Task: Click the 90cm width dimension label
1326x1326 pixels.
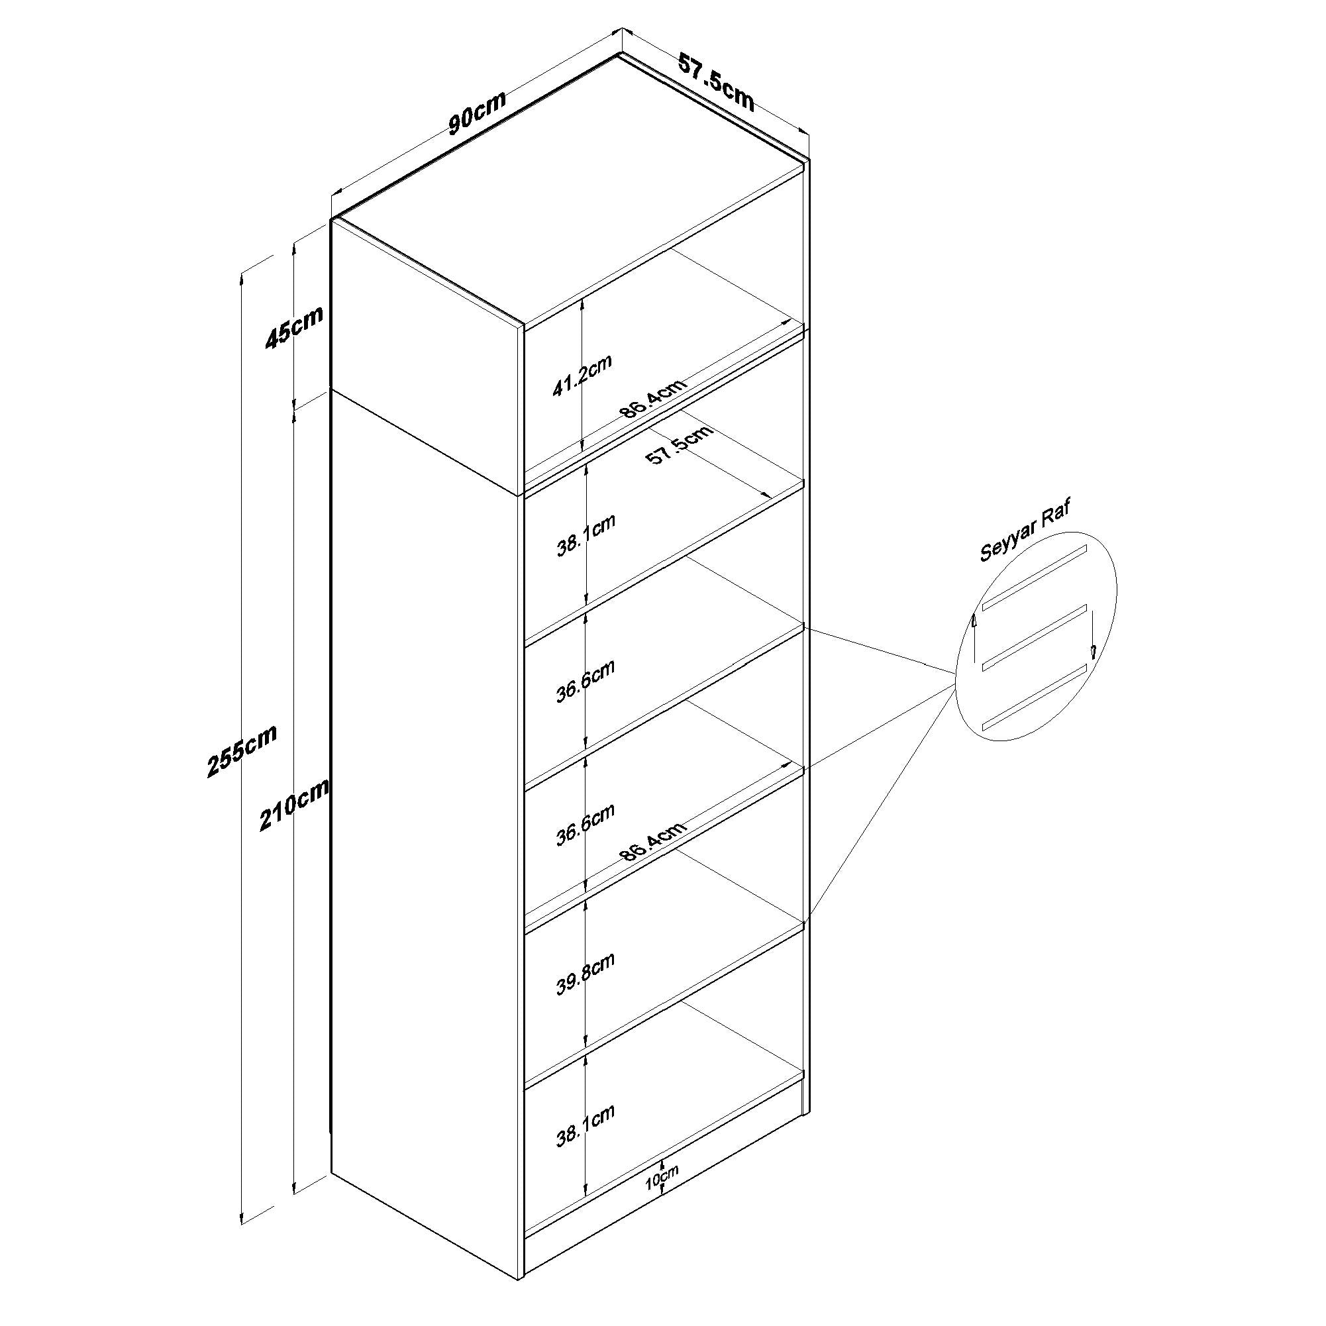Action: pos(478,112)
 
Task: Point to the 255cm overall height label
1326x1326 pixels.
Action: pos(242,751)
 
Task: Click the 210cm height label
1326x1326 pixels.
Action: pos(294,804)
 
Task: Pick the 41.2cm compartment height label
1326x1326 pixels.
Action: pos(582,376)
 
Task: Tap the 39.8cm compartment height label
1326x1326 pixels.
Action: pos(585,974)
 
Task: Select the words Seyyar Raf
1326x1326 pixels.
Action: pos(1025,531)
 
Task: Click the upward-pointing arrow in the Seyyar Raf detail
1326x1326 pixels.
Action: pos(974,638)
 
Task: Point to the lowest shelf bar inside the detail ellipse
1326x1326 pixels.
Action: pos(1036,697)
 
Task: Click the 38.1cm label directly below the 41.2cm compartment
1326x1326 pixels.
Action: pos(586,535)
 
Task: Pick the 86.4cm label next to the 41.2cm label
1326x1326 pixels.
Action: pos(652,398)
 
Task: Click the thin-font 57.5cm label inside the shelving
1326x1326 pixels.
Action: pos(680,444)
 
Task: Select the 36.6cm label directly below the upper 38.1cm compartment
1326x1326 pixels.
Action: pos(585,682)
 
